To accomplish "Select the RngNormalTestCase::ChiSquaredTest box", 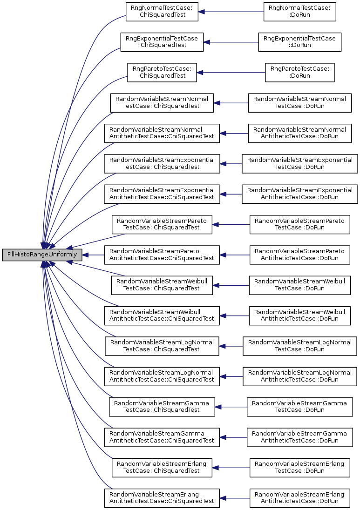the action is [x=162, y=12].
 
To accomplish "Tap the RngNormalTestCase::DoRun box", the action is [x=300, y=12].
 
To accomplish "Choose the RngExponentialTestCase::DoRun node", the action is [x=300, y=42].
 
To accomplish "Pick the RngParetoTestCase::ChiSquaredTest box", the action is [x=162, y=73].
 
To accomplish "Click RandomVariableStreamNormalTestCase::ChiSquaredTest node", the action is [x=162, y=103].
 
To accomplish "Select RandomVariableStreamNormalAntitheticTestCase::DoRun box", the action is [x=300, y=134].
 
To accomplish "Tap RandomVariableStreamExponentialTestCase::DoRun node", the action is [x=300, y=164].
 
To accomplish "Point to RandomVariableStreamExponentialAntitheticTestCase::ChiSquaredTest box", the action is [x=162, y=194].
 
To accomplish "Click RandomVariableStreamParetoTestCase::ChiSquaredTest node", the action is [x=162, y=224].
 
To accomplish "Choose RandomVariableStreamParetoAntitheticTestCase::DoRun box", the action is [x=300, y=255].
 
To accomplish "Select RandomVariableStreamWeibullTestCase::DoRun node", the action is [x=300, y=285].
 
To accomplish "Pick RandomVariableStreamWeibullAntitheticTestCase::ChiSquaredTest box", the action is [x=162, y=315].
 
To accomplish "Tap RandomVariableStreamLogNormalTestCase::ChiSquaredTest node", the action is [x=162, y=346].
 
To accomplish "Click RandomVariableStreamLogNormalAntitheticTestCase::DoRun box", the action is [x=300, y=376].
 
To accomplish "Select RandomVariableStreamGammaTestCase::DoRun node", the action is [x=300, y=407].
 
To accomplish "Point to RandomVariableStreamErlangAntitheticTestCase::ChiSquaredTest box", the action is [x=162, y=498].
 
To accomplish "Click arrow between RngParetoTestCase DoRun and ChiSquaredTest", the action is [x=231, y=73].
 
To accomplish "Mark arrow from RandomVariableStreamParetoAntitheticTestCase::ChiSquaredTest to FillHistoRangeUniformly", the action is [x=93, y=255].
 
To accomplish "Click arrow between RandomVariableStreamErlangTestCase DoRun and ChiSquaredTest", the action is [x=231, y=468].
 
